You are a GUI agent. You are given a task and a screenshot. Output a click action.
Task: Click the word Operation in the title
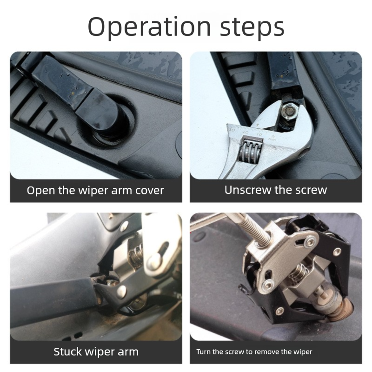[144, 27]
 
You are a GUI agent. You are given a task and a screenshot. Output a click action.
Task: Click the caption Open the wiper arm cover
[95, 191]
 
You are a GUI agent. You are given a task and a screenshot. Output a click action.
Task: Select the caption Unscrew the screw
[276, 190]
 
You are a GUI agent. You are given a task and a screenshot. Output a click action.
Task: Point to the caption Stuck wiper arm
[96, 352]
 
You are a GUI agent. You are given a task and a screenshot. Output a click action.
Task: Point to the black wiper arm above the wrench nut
[281, 74]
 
